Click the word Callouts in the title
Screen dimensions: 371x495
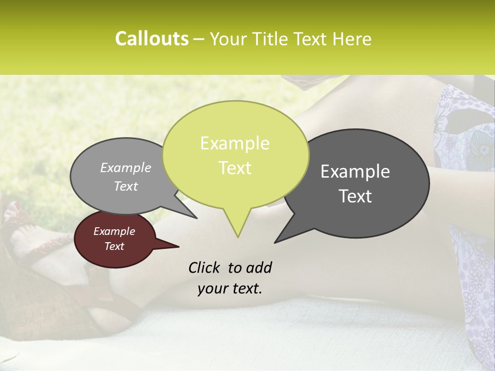tap(152, 39)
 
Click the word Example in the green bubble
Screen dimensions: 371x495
tap(235, 143)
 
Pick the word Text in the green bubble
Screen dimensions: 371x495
tap(235, 167)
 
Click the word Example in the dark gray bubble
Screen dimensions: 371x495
tap(355, 172)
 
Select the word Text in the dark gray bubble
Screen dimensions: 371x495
tap(355, 196)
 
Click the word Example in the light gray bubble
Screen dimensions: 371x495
tap(125, 167)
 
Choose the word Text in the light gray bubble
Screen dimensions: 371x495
tap(125, 186)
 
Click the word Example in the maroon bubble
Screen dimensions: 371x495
tap(114, 231)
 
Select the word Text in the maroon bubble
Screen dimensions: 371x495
tap(114, 246)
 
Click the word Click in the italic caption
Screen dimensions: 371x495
tap(206, 267)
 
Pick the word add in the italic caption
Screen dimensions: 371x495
tap(258, 267)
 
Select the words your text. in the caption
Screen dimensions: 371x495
tap(230, 289)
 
